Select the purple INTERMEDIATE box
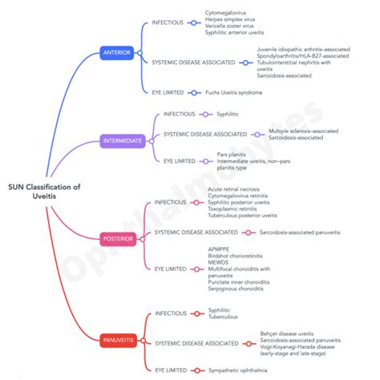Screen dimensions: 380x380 point(123,141)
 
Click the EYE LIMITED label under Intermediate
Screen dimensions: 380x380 point(180,160)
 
